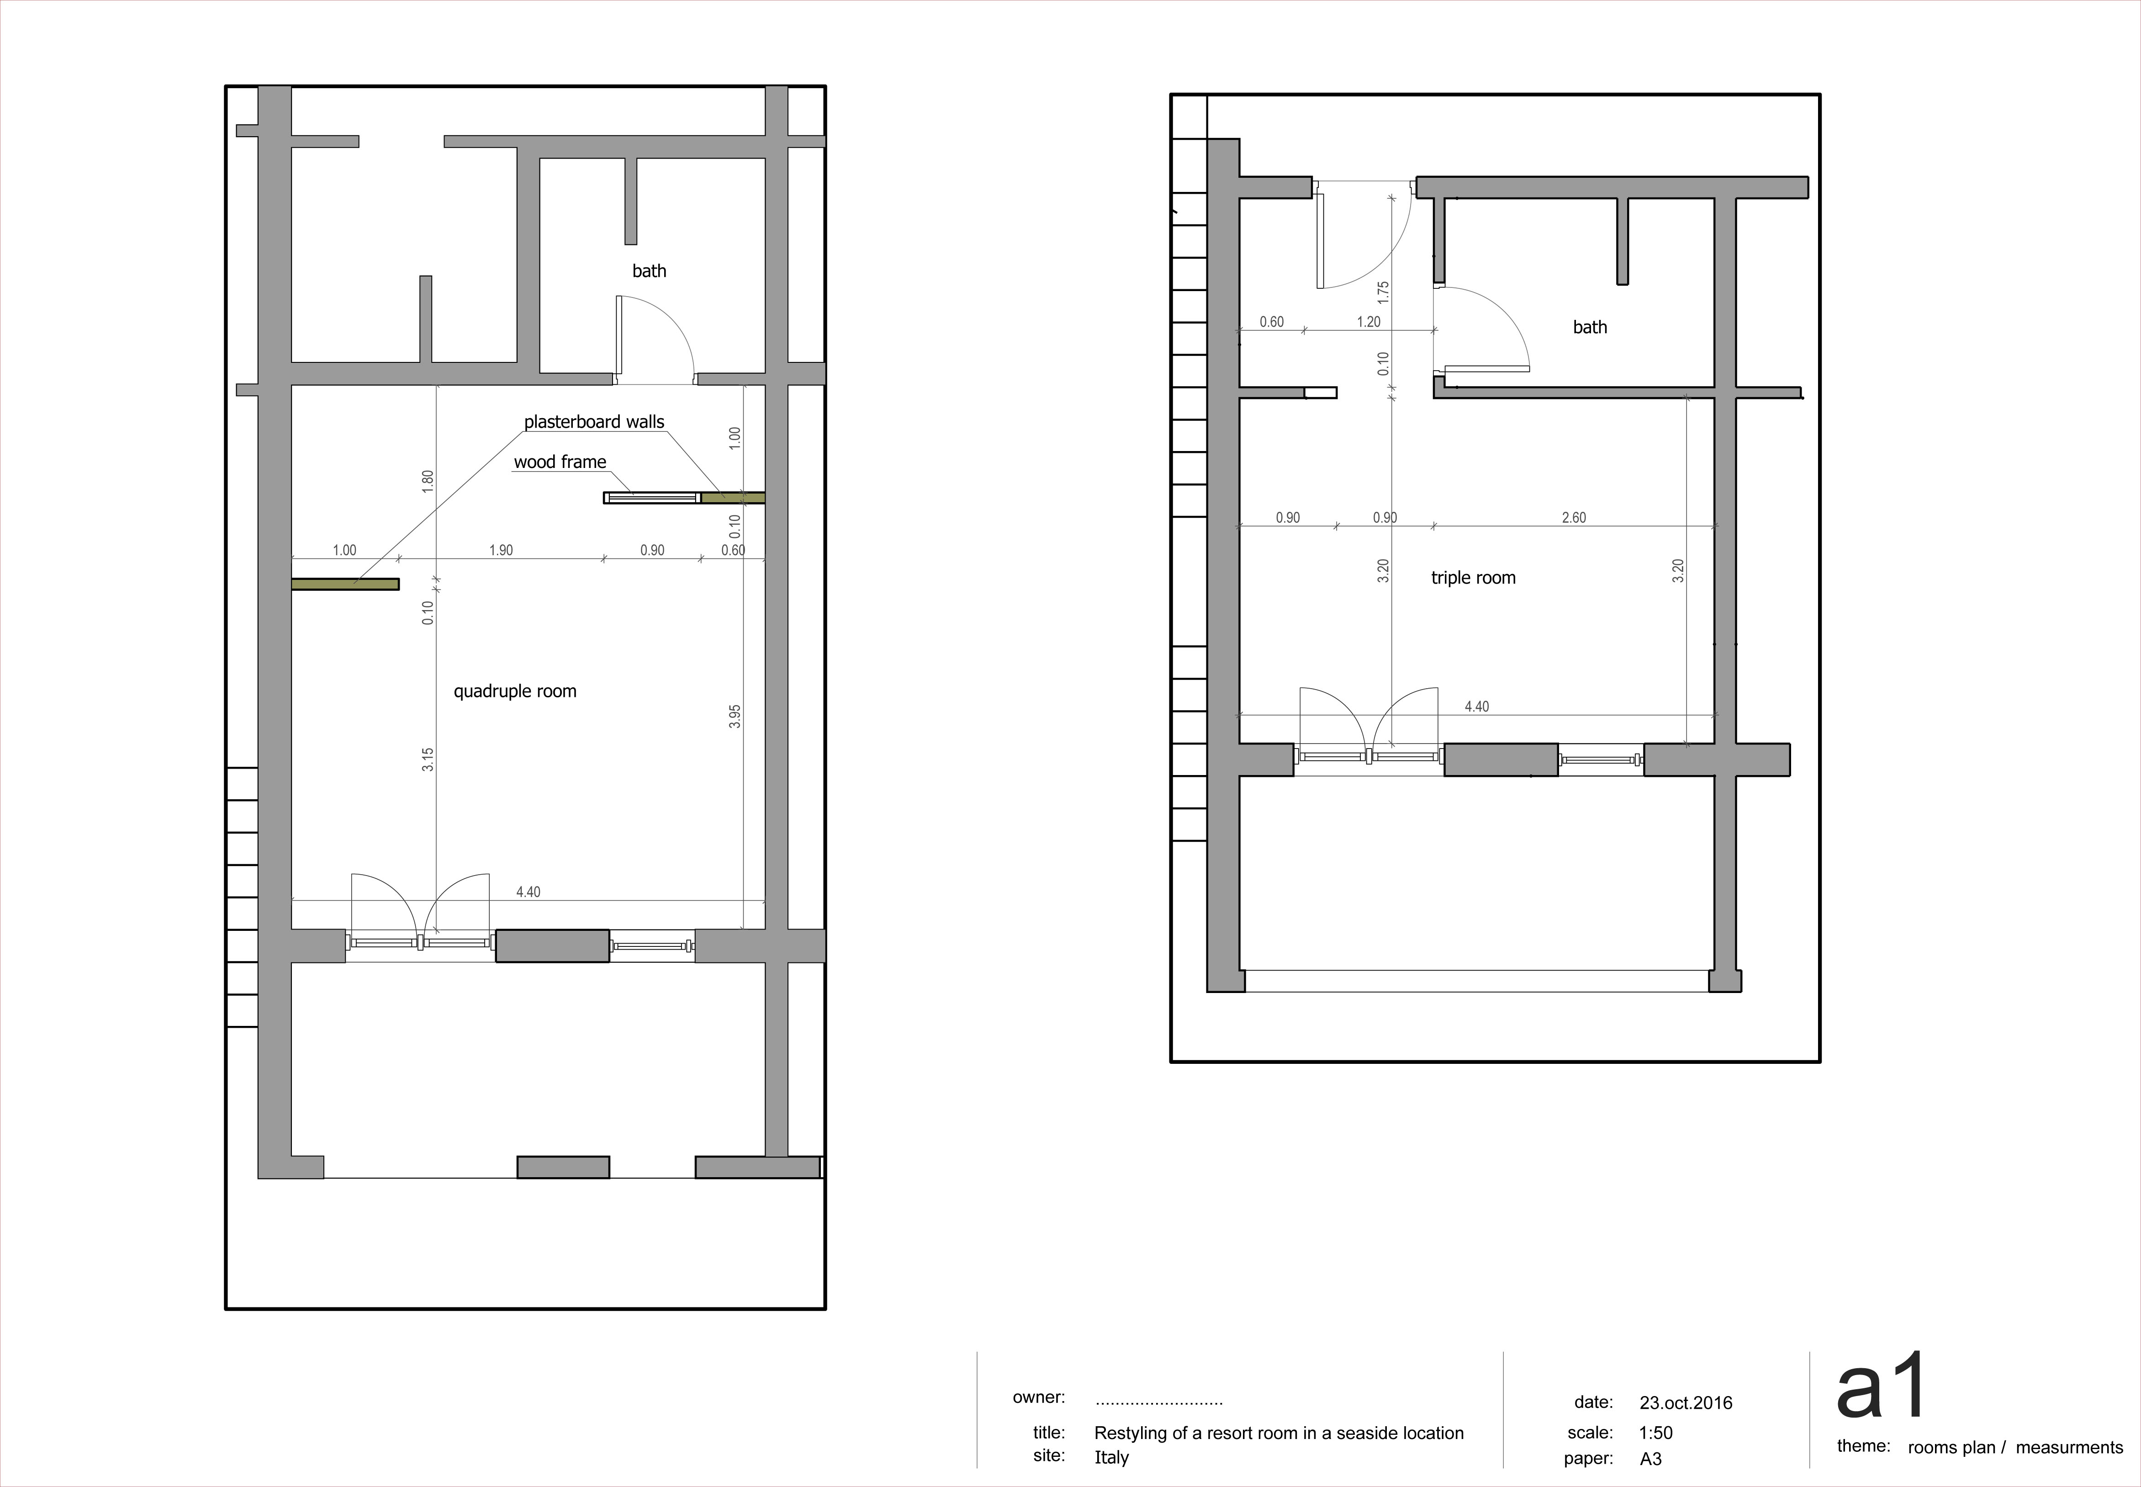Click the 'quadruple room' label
point(515,691)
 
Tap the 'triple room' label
point(1473,578)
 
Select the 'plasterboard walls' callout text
point(594,422)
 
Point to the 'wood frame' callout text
point(560,462)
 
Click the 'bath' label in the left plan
point(649,271)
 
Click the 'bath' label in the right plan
point(1590,327)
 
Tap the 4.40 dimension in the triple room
point(1477,706)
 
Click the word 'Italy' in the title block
point(1111,1457)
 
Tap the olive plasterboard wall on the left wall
point(345,584)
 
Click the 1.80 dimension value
point(428,482)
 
